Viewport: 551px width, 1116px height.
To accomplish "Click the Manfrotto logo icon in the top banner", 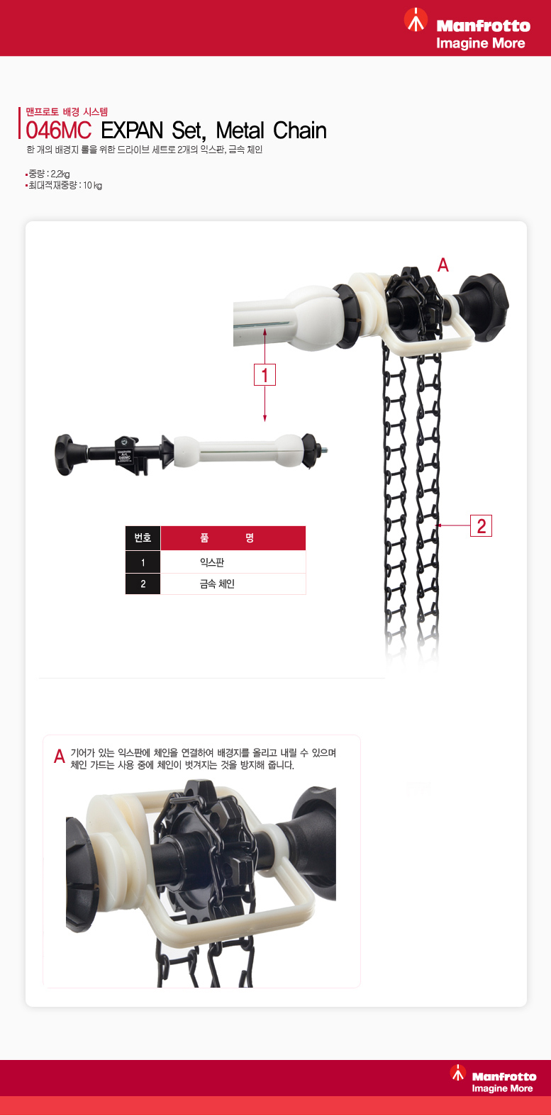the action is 416,20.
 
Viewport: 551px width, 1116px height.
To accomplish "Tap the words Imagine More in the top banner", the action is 480,43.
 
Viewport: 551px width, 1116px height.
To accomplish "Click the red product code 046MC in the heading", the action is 58,130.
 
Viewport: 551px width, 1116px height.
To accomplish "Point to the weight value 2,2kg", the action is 60,174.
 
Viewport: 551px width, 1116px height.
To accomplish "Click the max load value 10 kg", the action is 92,185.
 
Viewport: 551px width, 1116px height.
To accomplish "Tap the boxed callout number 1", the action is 265,374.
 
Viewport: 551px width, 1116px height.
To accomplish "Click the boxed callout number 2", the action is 481,525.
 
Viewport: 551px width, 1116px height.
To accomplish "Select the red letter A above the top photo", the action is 443,265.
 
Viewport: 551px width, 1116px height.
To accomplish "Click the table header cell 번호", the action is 143,538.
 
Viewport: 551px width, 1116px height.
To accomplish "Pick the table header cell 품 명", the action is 233,538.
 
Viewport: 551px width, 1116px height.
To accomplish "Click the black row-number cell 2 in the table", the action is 143,584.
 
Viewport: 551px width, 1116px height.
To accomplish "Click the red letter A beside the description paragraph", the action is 60,757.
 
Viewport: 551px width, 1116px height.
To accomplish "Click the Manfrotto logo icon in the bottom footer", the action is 458,1072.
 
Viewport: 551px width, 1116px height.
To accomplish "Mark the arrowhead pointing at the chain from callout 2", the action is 438,525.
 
